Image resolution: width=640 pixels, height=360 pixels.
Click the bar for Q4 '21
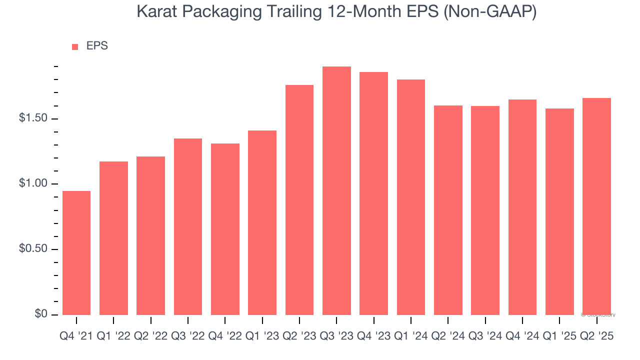(76, 252)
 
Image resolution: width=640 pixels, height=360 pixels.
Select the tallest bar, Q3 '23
(336, 190)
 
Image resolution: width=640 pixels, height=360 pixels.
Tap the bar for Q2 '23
(299, 199)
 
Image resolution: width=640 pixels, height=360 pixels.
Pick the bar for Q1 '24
(411, 197)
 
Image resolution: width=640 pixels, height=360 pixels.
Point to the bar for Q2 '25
(596, 206)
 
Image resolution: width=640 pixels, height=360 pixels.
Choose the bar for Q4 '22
(225, 229)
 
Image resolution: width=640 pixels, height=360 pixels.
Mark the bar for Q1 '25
(559, 211)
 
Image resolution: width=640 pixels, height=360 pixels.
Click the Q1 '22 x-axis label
(113, 336)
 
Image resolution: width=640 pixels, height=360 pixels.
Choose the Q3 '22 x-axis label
(188, 336)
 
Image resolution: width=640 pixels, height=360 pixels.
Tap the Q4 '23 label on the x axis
(373, 336)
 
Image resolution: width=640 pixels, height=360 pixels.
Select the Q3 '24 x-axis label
(485, 336)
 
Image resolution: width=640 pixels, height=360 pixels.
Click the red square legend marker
(75, 47)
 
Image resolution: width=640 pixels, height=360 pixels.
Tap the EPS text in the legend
(97, 46)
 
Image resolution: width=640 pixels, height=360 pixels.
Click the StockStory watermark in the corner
(598, 315)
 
